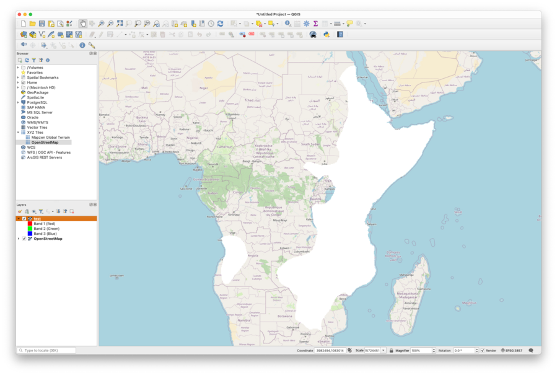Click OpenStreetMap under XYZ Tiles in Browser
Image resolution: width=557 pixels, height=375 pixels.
click(45, 143)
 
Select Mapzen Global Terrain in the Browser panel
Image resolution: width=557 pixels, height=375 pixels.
click(50, 138)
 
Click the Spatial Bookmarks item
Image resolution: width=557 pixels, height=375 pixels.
click(43, 77)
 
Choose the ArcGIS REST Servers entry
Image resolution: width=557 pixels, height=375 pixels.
click(45, 157)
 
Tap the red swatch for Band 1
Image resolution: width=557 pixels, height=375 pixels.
click(30, 224)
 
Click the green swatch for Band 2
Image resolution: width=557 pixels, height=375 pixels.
click(30, 229)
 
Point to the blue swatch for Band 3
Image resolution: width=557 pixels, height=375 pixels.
click(30, 234)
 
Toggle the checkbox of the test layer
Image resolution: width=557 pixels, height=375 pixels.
click(24, 219)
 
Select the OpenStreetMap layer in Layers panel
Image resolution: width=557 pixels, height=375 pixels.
click(48, 239)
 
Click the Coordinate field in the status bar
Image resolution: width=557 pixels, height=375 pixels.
click(330, 351)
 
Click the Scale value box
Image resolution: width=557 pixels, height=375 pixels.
click(372, 351)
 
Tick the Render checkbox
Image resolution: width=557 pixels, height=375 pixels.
click(483, 351)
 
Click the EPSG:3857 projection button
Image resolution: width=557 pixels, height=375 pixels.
click(512, 351)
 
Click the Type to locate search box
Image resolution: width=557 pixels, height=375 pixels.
click(47, 351)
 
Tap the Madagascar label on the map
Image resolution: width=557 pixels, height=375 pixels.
click(407, 294)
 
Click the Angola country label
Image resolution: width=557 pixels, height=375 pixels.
click(253, 255)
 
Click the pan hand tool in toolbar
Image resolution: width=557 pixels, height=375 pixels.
click(83, 24)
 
